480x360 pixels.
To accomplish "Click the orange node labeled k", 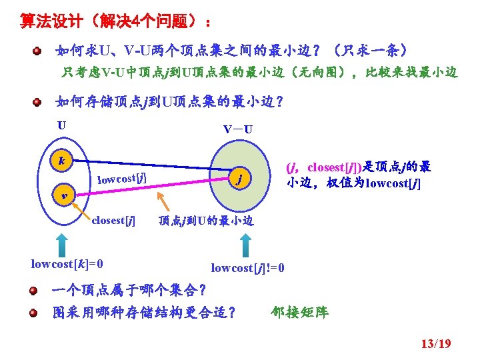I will click(x=61, y=161).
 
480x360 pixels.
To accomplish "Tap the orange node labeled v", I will click(x=62, y=195).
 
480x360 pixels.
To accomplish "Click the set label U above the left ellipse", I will click(x=61, y=125).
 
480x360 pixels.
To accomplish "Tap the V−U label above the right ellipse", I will click(x=237, y=129).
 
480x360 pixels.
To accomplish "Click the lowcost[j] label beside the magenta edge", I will click(x=122, y=178).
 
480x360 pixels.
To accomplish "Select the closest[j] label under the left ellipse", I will click(x=113, y=220).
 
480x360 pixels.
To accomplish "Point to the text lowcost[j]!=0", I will click(x=248, y=268).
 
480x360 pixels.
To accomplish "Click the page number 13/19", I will click(x=436, y=344).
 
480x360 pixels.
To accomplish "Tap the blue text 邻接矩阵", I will click(x=300, y=312).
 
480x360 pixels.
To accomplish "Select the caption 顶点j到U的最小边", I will click(x=206, y=221).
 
